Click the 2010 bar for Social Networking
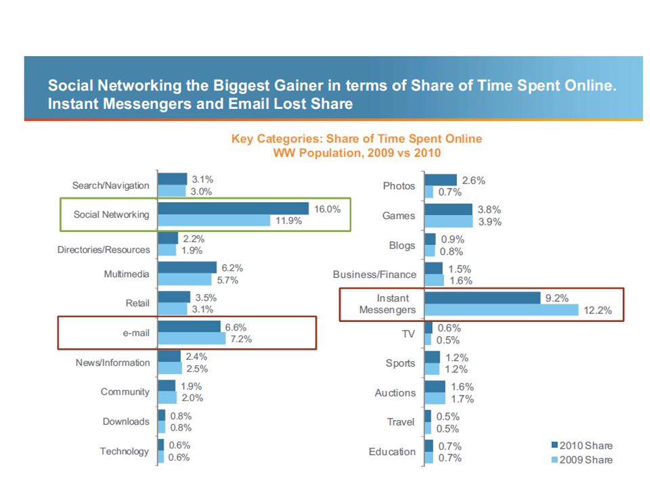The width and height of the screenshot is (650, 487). click(x=233, y=208)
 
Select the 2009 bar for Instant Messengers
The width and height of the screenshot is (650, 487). click(x=502, y=310)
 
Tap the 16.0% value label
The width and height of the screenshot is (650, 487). click(x=327, y=208)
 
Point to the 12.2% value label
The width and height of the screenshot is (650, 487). click(x=598, y=310)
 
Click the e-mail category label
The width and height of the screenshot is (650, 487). click(x=131, y=333)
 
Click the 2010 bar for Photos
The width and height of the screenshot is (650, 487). click(x=441, y=180)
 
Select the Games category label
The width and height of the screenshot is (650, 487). click(x=399, y=216)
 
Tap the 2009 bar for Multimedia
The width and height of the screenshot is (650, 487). click(x=184, y=279)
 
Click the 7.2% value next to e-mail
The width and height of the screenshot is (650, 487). click(x=241, y=339)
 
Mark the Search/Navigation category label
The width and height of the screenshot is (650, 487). click(x=111, y=185)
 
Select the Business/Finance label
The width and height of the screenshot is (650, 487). click(x=374, y=274)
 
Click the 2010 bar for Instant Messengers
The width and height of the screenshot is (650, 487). click(x=482, y=298)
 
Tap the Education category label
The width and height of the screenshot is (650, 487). click(x=392, y=451)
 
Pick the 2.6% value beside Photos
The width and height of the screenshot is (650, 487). click(x=473, y=180)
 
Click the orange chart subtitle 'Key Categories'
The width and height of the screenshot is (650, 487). click(x=357, y=139)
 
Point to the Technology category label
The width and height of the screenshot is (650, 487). click(x=125, y=451)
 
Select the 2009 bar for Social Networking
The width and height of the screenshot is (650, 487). click(x=213, y=221)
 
